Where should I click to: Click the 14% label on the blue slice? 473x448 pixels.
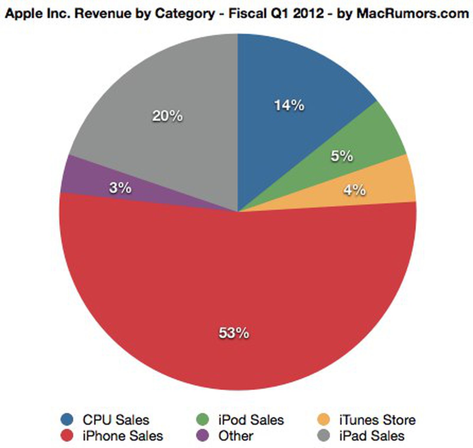[289, 105]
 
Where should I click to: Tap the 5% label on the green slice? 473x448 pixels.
[342, 156]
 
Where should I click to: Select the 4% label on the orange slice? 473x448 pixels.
[354, 190]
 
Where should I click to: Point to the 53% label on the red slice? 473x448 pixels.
[234, 333]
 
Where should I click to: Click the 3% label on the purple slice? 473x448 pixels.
[120, 188]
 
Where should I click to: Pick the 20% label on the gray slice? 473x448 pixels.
[167, 116]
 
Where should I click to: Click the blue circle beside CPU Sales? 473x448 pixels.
[67, 420]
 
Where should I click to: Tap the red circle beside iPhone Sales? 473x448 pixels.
[67, 436]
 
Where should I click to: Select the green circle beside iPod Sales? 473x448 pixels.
[203, 420]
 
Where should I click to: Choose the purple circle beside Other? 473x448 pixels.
[203, 436]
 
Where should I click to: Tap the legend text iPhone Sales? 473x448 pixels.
[123, 436]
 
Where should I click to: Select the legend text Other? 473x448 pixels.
[236, 436]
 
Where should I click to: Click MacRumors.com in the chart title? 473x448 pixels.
[413, 13]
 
